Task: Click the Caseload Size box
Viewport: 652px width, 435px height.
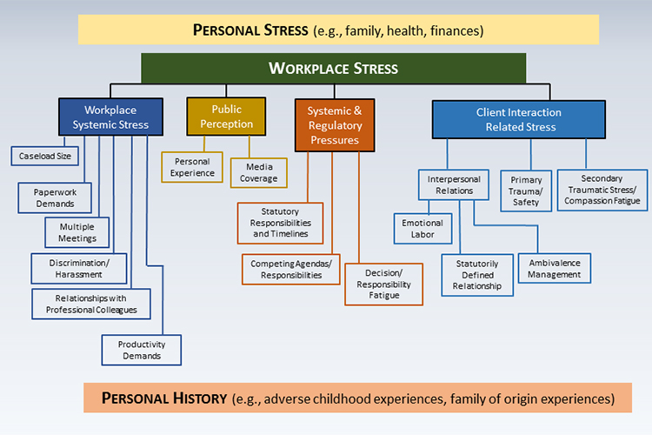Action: point(45,156)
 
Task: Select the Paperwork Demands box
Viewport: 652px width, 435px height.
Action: point(55,197)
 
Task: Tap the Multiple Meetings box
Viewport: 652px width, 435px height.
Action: point(77,232)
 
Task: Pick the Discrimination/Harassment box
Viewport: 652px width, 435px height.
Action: point(79,269)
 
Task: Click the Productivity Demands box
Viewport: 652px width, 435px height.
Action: point(142,350)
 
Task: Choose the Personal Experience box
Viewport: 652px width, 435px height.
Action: point(192,167)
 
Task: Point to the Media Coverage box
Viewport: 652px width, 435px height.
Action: point(259,172)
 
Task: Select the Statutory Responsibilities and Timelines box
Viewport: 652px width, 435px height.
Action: point(280,223)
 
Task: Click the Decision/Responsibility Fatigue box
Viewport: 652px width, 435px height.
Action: point(383,284)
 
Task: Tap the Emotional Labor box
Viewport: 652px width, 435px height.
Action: point(422,229)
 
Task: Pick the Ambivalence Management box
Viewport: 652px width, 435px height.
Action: point(555,269)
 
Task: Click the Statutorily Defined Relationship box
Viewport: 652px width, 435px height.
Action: point(477,275)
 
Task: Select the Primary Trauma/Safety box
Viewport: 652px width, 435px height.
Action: point(526,191)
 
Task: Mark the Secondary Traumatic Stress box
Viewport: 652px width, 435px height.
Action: point(602,190)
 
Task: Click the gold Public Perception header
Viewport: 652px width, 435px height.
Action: point(226,117)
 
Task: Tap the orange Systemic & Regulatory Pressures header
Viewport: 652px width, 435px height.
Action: point(335,125)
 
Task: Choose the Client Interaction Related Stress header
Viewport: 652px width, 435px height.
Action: point(519,119)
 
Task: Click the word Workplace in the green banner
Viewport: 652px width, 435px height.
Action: point(307,68)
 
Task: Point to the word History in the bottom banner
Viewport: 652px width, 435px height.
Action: point(200,398)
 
